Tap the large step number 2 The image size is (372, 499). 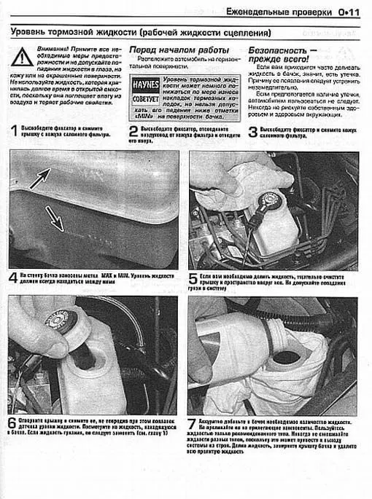(x=133, y=132)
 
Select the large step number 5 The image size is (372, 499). (x=193, y=279)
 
